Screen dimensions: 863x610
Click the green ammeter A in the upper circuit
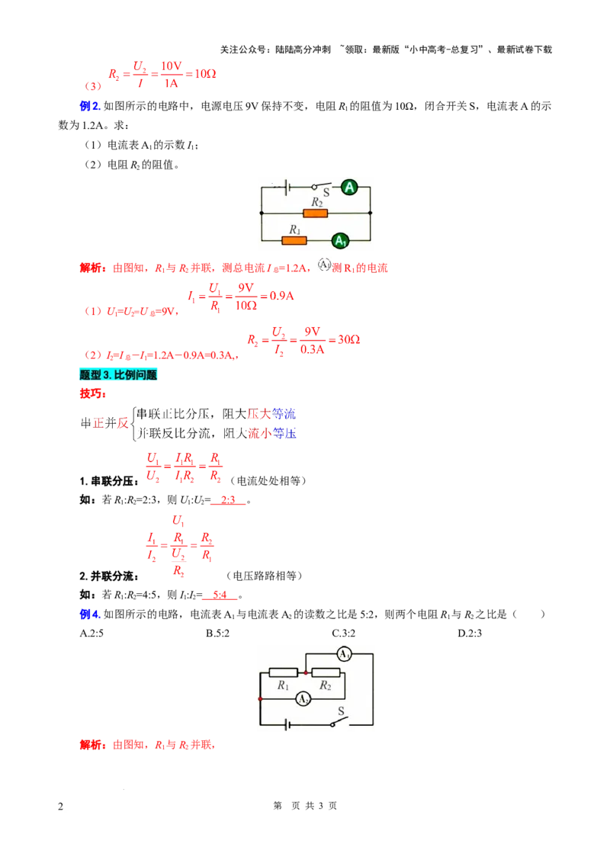click(349, 187)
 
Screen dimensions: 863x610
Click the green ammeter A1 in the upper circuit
click(340, 240)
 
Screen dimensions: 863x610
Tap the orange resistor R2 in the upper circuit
click(315, 213)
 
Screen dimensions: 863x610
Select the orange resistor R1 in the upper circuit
click(294, 240)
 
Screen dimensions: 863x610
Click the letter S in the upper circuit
click(326, 194)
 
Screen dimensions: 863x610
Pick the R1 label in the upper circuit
click(295, 229)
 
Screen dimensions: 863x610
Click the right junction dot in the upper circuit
click(370, 213)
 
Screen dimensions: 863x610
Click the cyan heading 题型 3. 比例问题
click(118, 375)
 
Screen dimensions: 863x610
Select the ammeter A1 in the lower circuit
click(344, 654)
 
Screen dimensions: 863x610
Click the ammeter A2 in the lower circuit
click(303, 698)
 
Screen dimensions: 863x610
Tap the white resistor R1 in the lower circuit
click(284, 672)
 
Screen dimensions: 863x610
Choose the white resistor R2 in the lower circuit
click(326, 672)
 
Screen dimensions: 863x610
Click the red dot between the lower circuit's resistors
click(306, 672)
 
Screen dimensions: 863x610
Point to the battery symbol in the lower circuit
click(287, 724)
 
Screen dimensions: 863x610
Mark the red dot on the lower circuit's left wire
click(261, 698)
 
